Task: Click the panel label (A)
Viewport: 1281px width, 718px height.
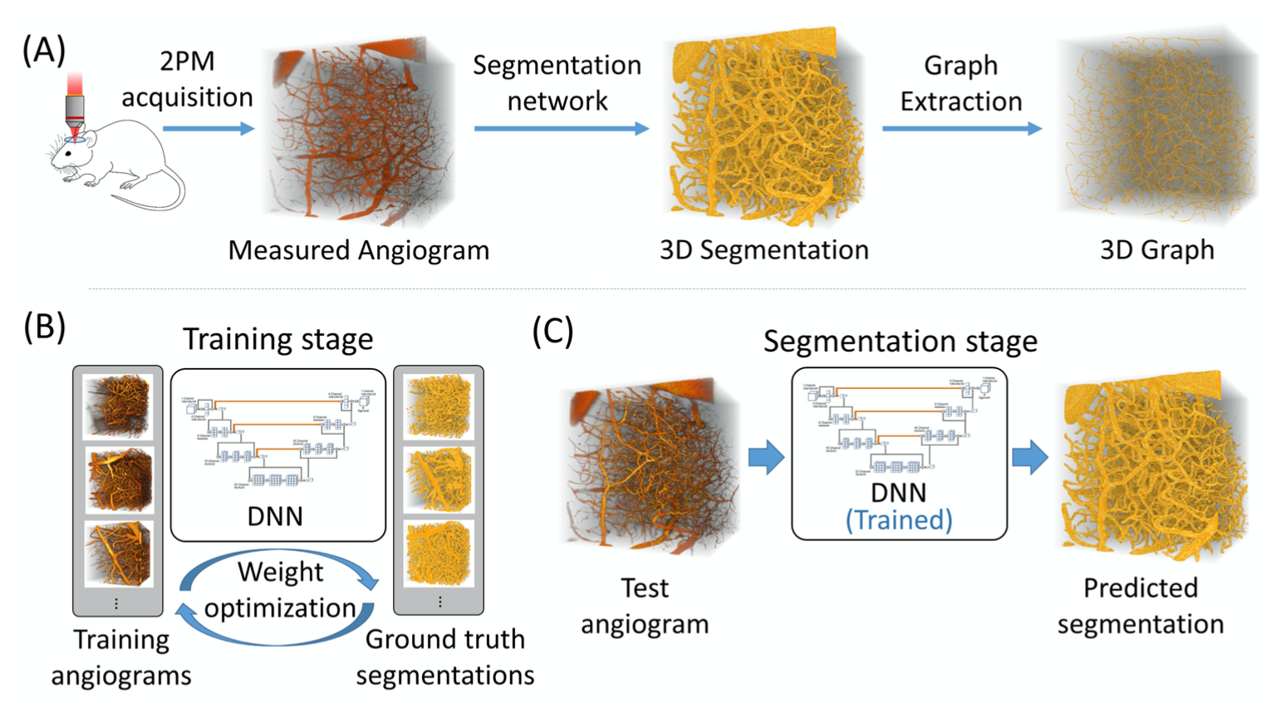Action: [x=43, y=52]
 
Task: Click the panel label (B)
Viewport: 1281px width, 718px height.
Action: [x=44, y=327]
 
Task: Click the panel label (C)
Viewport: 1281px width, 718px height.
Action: [x=552, y=331]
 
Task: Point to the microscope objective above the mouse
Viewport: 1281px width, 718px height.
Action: [x=75, y=108]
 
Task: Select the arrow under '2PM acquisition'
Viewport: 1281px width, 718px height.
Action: [x=208, y=128]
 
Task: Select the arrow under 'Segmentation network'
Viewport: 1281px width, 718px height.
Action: [x=561, y=128]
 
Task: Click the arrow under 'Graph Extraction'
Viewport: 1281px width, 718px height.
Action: [x=961, y=128]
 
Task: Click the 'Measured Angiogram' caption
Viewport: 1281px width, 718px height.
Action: [x=358, y=250]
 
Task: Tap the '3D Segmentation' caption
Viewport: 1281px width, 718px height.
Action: [x=763, y=250]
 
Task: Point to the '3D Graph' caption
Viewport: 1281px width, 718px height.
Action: [x=1156, y=250]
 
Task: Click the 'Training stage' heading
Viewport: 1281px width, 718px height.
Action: [x=277, y=339]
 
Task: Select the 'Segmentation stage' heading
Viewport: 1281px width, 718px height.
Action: [x=900, y=342]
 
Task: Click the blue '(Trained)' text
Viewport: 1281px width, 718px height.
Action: [x=899, y=520]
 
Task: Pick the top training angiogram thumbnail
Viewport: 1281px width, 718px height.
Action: [x=117, y=406]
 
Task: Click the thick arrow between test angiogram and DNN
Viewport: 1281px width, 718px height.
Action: [x=766, y=457]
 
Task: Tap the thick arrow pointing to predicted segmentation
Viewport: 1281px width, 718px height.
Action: [x=1029, y=457]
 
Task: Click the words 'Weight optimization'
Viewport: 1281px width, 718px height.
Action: [x=280, y=590]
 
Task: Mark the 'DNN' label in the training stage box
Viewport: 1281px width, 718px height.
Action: [x=275, y=516]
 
